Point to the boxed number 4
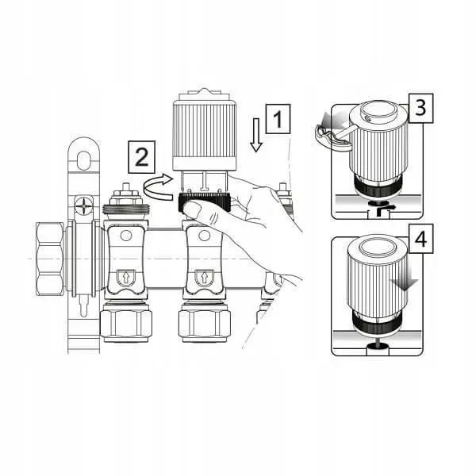click(x=421, y=239)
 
